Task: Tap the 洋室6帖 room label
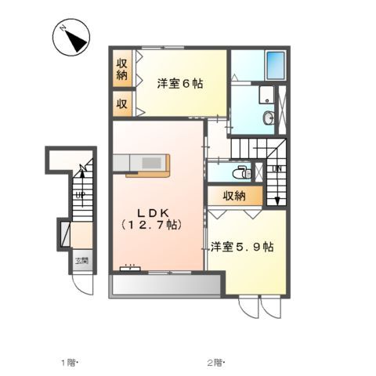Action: (179, 84)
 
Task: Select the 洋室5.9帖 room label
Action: (242, 247)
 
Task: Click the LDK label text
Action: (152, 211)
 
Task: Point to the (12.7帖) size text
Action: (152, 226)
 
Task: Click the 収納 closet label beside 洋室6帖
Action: (123, 70)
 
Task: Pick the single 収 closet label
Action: (123, 103)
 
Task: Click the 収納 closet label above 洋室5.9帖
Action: (234, 196)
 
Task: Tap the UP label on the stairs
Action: (80, 196)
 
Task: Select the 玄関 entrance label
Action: (81, 261)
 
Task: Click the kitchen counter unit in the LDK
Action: (141, 164)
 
